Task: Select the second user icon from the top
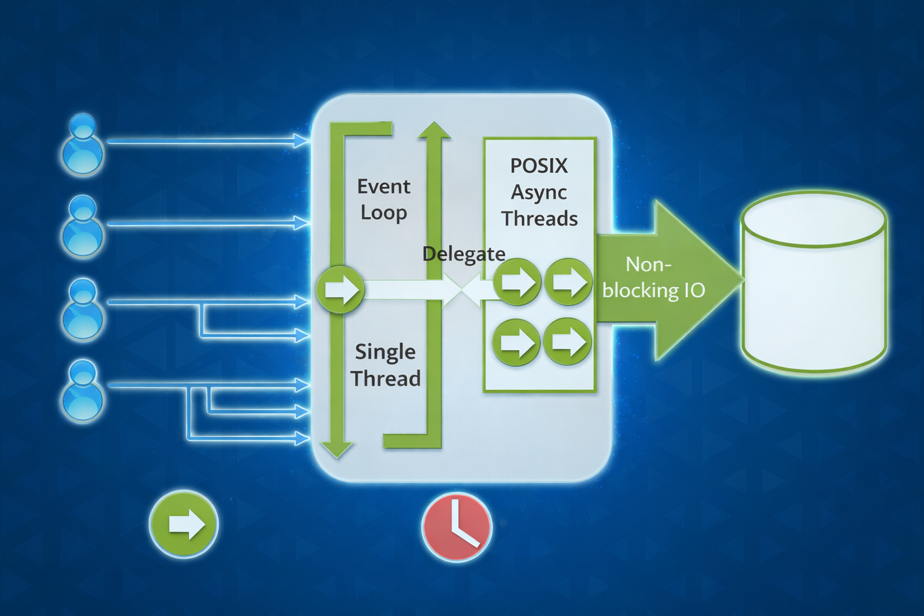click(x=83, y=227)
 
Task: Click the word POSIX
click(x=538, y=166)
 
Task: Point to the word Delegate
click(x=463, y=254)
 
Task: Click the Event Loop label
click(x=384, y=199)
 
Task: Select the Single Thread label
click(x=386, y=365)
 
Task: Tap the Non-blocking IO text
click(x=653, y=277)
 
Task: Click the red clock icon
click(x=457, y=527)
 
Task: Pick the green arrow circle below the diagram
click(x=183, y=524)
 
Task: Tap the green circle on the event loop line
click(x=340, y=289)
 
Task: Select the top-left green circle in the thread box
click(x=516, y=281)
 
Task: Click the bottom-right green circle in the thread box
click(x=567, y=342)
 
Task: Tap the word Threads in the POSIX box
click(x=540, y=218)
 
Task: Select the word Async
click(x=539, y=192)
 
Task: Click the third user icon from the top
click(x=83, y=309)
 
